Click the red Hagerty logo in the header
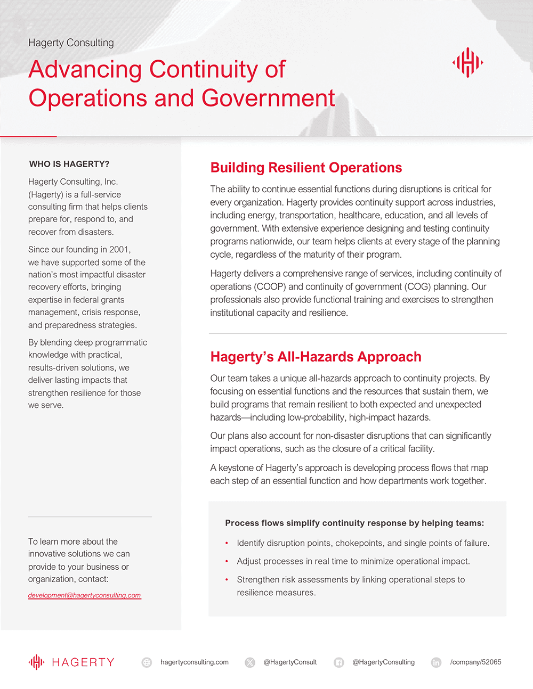[467, 62]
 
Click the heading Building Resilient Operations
[306, 168]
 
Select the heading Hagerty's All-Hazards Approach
[316, 357]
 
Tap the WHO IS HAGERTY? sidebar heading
[69, 164]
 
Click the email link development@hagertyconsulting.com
[84, 595]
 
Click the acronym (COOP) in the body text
[270, 286]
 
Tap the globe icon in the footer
[147, 662]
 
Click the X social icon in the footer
[249, 662]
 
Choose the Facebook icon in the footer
[338, 662]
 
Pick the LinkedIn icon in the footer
[436, 662]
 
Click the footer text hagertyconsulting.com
[195, 662]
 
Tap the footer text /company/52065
[475, 662]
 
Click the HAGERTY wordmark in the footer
[83, 662]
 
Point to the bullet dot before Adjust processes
[227, 561]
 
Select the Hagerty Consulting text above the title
[71, 43]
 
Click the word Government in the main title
[268, 99]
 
